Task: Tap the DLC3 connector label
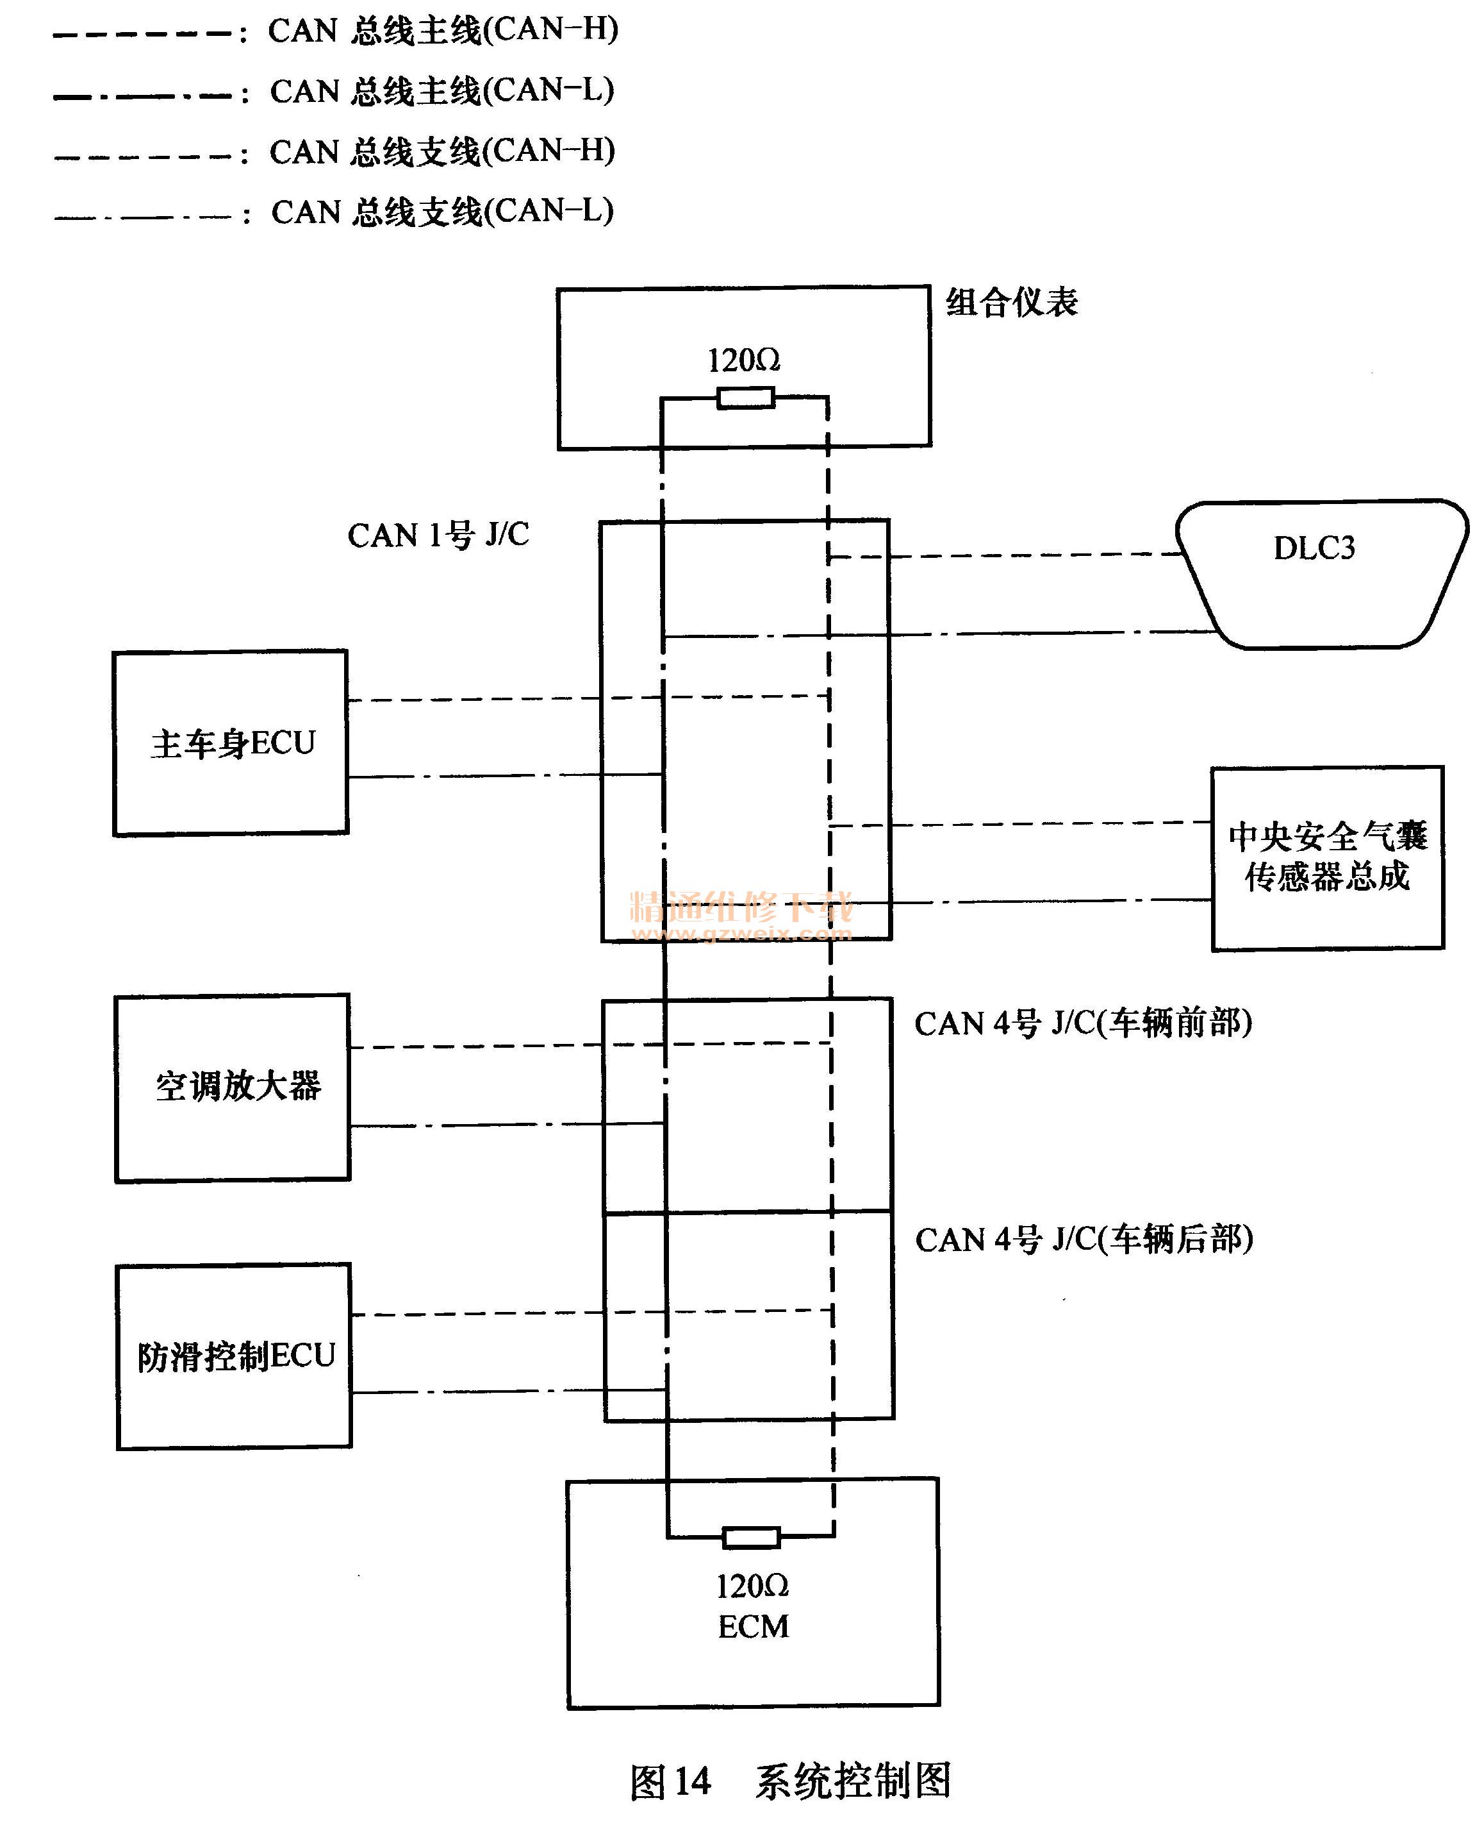pos(1314,548)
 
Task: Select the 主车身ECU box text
pos(233,743)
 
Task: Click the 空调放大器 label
pos(238,1086)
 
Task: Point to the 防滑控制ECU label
pos(236,1356)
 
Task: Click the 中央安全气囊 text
pos(1328,836)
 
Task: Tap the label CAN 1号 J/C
pos(438,535)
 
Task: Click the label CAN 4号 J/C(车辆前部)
pos(1083,1022)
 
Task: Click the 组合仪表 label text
pos(1011,302)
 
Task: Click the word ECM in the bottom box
pos(752,1626)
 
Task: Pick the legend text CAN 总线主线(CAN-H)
pos(443,30)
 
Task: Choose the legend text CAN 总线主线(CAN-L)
pos(442,90)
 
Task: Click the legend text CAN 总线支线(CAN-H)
pos(442,151)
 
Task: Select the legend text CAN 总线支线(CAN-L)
pos(442,211)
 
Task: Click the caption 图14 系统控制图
pos(790,1781)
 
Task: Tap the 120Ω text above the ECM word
pos(752,1586)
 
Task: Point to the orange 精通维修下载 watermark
pos(740,907)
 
